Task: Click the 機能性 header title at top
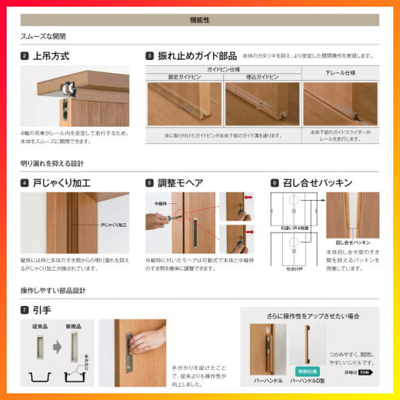tap(199, 20)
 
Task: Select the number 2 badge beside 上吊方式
tap(24, 56)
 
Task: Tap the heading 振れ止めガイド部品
tap(197, 56)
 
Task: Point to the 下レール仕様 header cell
tap(340, 73)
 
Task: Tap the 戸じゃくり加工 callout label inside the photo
tap(114, 225)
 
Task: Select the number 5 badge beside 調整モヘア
tap(149, 183)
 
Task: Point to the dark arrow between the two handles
tap(57, 347)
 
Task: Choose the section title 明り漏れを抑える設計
tap(52, 163)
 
